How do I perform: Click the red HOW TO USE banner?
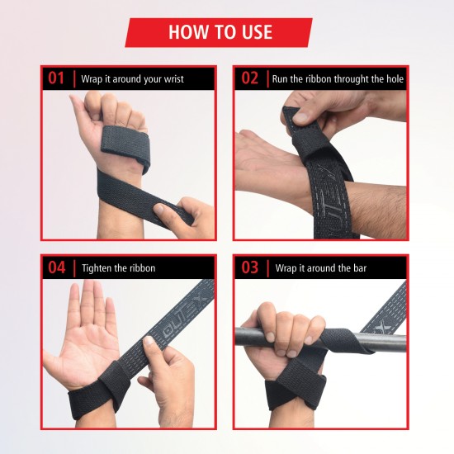point(220,32)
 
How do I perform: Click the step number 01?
point(56,79)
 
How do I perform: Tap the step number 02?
point(250,79)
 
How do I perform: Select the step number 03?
point(250,267)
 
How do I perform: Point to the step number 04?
point(56,267)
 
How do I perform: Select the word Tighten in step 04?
point(97,268)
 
